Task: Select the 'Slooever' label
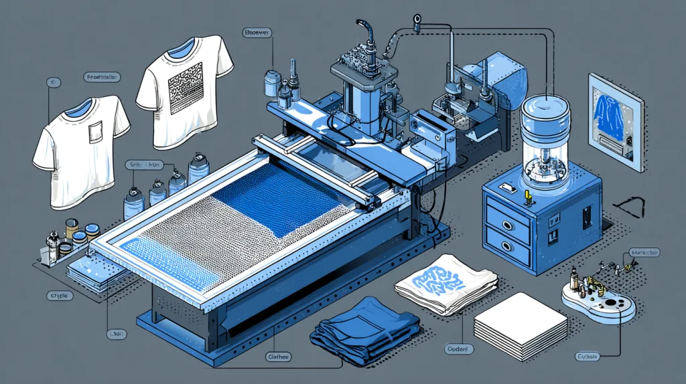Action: (256, 31)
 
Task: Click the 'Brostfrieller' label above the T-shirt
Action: (102, 78)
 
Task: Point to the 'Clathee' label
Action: (277, 357)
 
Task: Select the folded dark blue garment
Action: (365, 331)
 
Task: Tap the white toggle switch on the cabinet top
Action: (509, 190)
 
